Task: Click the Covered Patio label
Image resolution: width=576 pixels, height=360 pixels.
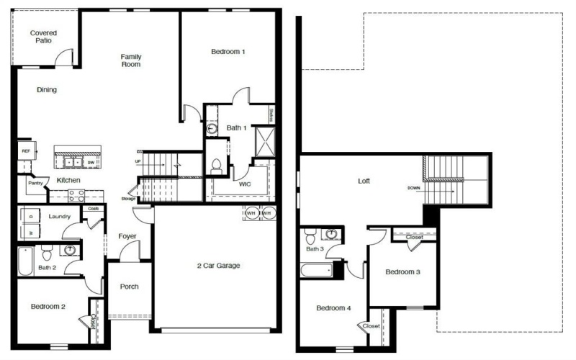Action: pos(43,37)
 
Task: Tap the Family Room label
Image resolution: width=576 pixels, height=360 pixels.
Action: pos(130,60)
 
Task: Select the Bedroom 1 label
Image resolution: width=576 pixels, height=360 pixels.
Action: pos(228,52)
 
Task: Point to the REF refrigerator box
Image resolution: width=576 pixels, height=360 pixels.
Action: pos(25,151)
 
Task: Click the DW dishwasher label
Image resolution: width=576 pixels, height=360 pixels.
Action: pos(91,162)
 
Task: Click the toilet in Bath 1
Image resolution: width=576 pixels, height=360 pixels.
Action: pos(216,165)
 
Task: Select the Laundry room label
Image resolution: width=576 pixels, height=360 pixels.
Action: pos(59,216)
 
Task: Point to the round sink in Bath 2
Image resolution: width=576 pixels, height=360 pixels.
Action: pos(71,251)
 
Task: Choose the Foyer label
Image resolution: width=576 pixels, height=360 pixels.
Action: pos(127,236)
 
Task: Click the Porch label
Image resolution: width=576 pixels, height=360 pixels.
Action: pos(129,287)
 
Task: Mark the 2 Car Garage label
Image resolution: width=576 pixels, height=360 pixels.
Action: pos(218,266)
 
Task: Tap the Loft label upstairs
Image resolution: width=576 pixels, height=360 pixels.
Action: pos(364,181)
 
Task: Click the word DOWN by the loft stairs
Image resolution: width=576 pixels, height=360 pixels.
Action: pos(413,187)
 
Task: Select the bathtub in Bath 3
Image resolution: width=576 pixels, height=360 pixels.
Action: pos(315,271)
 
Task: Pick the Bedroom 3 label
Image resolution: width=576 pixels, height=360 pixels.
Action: pos(402,272)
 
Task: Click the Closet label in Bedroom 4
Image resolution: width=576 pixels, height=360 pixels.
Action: pos(371,326)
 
